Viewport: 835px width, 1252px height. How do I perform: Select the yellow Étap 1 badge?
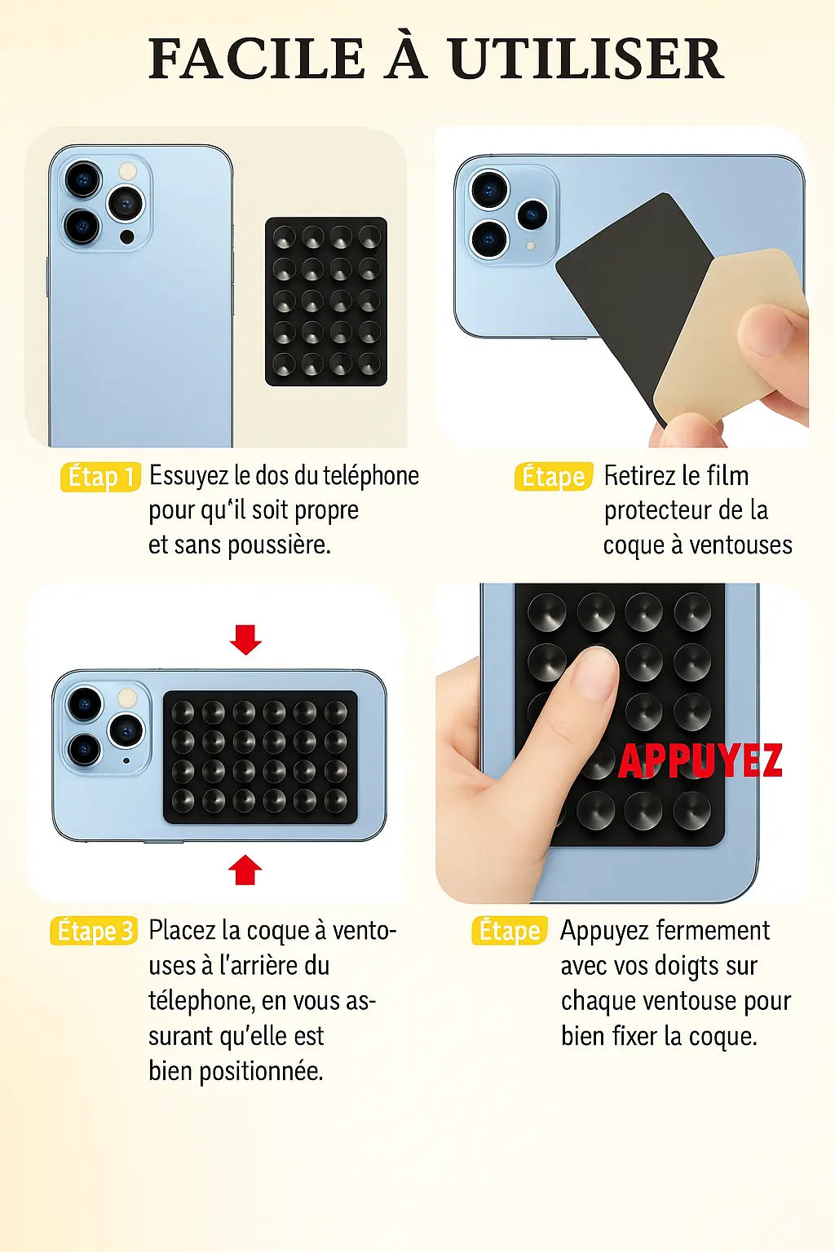(100, 477)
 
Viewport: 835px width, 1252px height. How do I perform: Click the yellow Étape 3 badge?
(94, 931)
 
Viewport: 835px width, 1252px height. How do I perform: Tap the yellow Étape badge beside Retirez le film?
(554, 477)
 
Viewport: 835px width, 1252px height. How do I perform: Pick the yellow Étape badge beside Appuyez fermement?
(510, 931)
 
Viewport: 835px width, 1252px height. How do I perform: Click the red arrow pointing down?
(245, 639)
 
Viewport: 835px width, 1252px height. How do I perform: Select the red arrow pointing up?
(245, 870)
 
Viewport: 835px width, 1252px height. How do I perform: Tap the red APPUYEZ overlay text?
(700, 761)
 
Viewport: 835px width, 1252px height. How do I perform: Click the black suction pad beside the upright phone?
(326, 302)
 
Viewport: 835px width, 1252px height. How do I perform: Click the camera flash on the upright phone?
(128, 171)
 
